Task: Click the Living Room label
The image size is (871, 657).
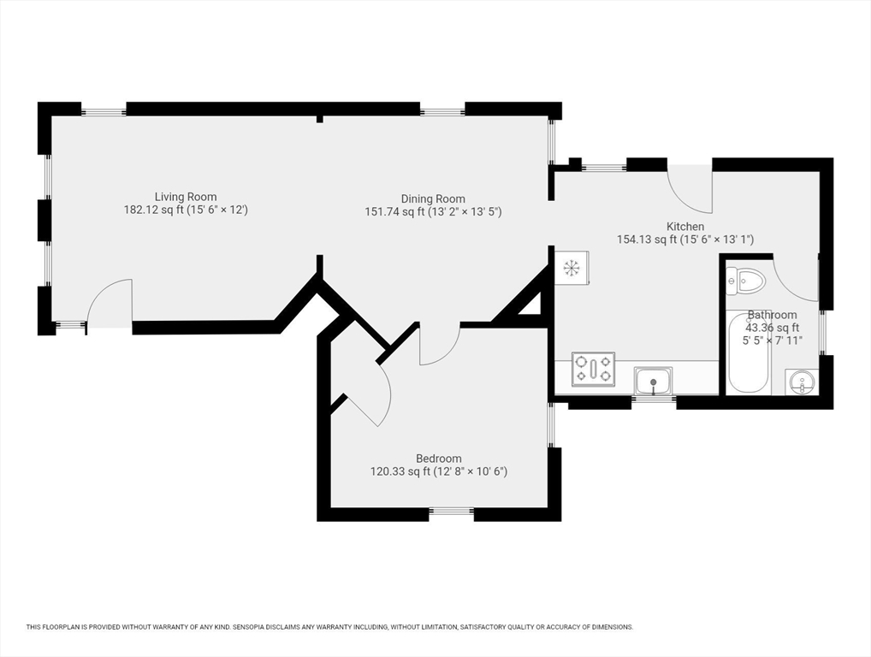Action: (x=186, y=197)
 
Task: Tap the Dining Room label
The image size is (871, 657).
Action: (x=433, y=198)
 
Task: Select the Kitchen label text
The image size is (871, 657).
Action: (x=685, y=227)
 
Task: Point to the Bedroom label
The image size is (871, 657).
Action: (x=439, y=459)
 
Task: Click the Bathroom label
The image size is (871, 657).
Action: (x=772, y=315)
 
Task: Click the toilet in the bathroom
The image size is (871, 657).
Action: (x=745, y=280)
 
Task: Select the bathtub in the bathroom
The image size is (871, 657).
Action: (x=749, y=352)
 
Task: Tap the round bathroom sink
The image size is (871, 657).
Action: (x=802, y=382)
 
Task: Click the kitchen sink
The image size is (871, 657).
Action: (x=654, y=382)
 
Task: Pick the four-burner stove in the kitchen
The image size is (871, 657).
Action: (x=593, y=369)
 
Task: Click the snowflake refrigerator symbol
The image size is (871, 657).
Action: (x=571, y=268)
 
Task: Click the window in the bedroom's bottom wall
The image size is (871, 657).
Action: (x=452, y=514)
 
